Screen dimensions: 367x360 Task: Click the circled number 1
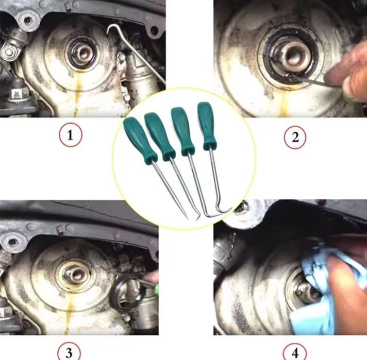(71, 135)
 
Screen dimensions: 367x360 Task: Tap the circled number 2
(295, 137)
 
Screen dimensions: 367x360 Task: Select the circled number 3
(69, 352)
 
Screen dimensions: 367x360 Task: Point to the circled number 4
(295, 352)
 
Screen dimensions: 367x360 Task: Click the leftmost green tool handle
(140, 141)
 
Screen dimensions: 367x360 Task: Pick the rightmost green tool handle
(206, 126)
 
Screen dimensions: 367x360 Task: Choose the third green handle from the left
(182, 131)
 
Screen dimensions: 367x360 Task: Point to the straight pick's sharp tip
(188, 219)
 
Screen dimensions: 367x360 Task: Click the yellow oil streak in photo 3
(68, 316)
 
